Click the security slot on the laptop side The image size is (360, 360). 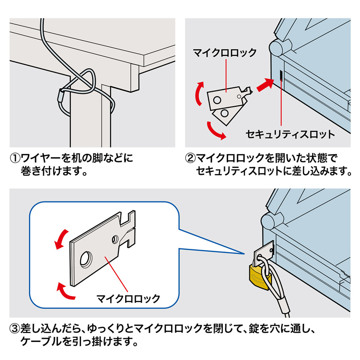pyautogui.click(x=281, y=75)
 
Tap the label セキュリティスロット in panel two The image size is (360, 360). pyautogui.click(x=290, y=134)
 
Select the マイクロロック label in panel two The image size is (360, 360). pyautogui.click(x=225, y=53)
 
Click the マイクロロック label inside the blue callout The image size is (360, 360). pyautogui.click(x=128, y=298)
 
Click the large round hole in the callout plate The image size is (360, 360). pyautogui.click(x=85, y=258)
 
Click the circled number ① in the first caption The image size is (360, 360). pyautogui.click(x=16, y=158)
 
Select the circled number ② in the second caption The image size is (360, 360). pyautogui.click(x=191, y=158)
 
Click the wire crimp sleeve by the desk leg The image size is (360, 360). pyautogui.click(x=62, y=95)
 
